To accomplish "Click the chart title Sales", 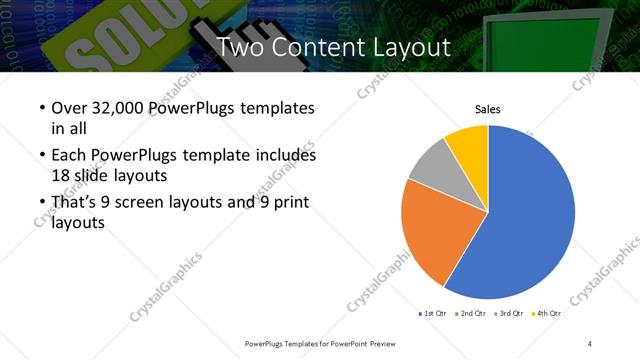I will point(487,110).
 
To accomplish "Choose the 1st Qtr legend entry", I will point(433,314).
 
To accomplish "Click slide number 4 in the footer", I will point(590,343).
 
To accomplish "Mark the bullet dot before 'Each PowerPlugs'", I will point(40,157).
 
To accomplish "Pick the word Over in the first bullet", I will point(71,108).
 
